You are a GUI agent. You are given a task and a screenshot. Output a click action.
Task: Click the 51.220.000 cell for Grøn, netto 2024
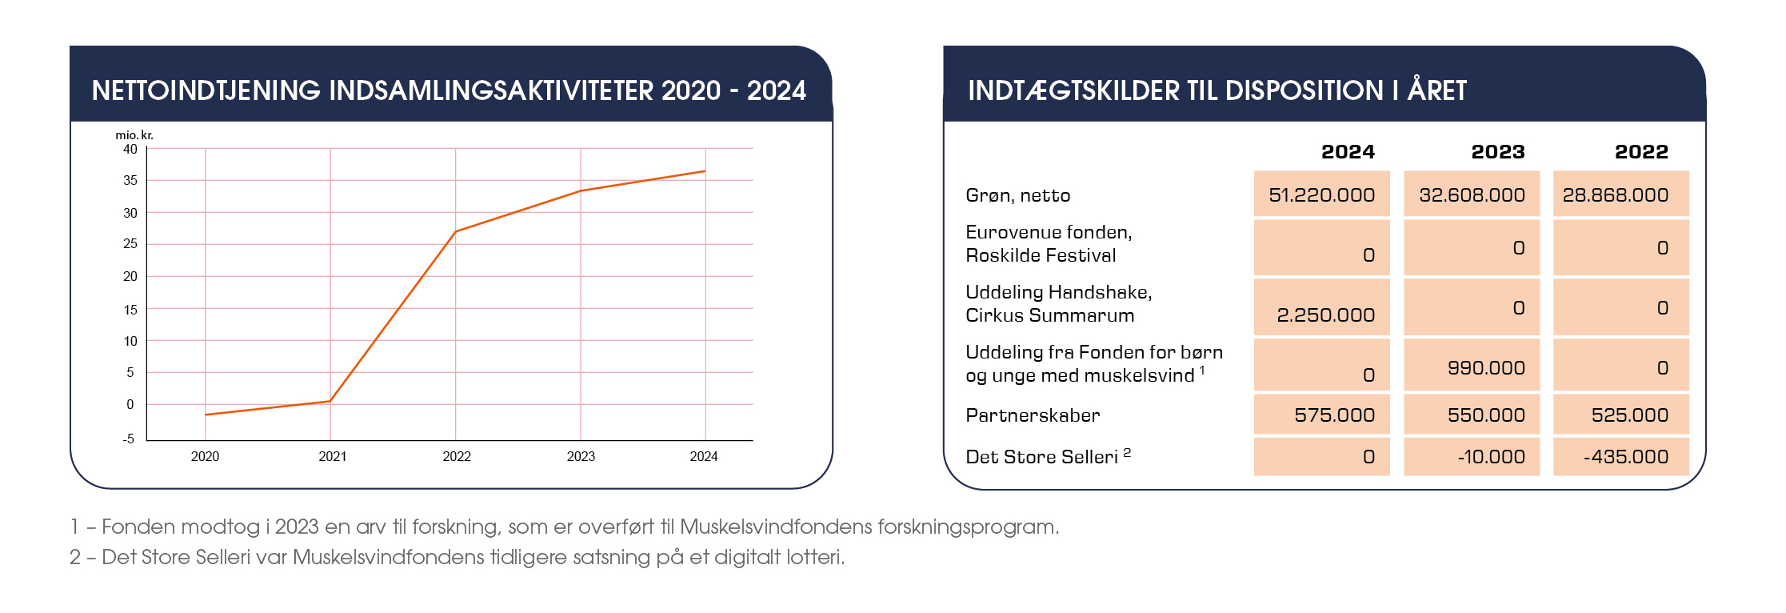(x=1321, y=194)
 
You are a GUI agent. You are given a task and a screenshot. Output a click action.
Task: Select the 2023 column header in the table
(x=1497, y=151)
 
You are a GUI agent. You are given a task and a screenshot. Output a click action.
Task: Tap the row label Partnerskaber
(x=1033, y=415)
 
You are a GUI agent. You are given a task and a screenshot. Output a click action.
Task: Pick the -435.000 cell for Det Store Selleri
(x=1625, y=457)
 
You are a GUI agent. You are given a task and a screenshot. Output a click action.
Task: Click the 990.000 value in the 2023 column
(x=1486, y=368)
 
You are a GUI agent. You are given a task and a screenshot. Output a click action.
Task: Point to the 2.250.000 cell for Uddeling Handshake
(x=1325, y=315)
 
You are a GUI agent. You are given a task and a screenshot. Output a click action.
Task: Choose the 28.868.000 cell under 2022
(x=1615, y=194)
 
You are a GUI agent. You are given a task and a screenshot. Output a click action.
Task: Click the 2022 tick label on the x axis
(x=457, y=456)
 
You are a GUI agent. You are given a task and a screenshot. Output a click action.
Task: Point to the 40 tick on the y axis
(x=130, y=149)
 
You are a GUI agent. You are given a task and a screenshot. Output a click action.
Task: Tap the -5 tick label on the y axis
(x=129, y=439)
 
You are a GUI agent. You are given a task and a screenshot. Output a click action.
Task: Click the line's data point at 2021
(x=330, y=401)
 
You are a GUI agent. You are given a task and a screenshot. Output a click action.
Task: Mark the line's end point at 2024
(x=705, y=171)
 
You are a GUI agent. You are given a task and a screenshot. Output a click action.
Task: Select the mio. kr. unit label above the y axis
(x=134, y=135)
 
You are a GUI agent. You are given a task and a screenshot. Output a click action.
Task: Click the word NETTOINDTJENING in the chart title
(x=206, y=90)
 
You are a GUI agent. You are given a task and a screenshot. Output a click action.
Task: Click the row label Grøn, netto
(x=1017, y=195)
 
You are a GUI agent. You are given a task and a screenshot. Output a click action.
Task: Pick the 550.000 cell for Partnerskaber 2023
(x=1486, y=415)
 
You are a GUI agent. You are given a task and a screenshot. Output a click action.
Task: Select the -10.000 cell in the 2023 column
(x=1491, y=457)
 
